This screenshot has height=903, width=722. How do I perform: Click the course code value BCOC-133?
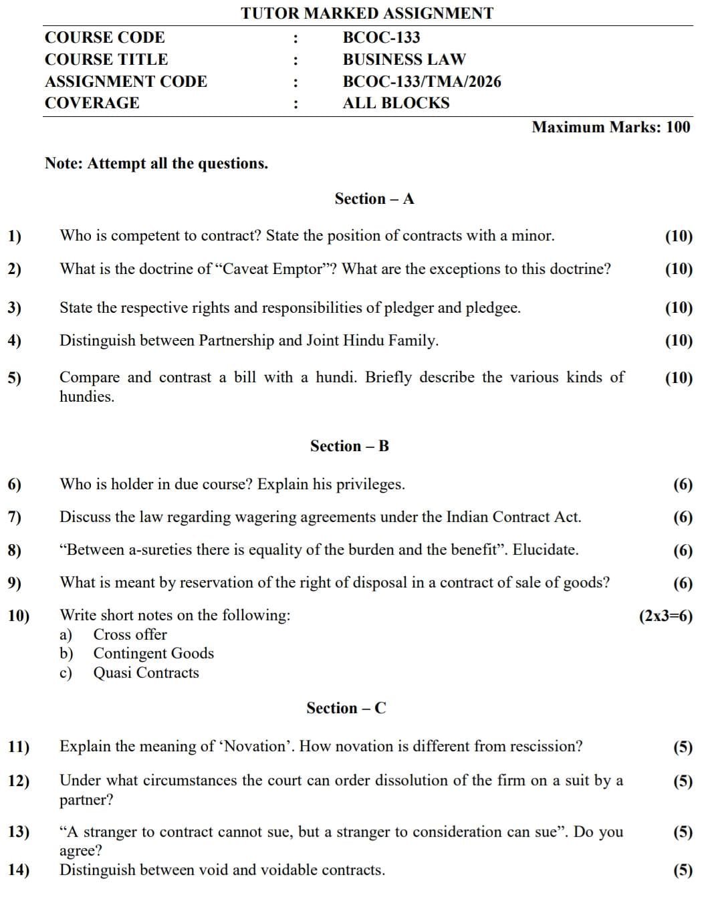click(381, 37)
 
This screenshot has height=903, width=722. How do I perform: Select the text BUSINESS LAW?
click(404, 59)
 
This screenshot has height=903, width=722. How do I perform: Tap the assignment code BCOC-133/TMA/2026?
click(421, 82)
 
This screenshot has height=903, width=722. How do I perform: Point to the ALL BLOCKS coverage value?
click(396, 103)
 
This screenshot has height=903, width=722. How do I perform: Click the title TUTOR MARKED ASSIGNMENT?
click(367, 13)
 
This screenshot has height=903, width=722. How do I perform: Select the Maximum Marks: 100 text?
click(610, 127)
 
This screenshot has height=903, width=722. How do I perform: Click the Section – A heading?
click(374, 199)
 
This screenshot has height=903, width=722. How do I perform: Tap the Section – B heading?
click(349, 446)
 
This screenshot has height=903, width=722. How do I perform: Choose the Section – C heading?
click(346, 708)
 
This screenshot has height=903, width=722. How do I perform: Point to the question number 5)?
click(15, 378)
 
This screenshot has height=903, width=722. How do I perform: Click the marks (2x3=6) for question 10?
click(666, 616)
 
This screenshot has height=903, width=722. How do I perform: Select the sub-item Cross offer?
click(130, 634)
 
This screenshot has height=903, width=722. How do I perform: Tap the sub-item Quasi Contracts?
click(146, 672)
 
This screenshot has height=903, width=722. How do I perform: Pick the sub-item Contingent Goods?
click(153, 653)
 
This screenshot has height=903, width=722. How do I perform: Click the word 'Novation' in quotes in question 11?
click(257, 746)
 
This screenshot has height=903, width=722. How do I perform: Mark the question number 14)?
click(18, 870)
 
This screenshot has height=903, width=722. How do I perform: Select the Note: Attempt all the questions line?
click(156, 163)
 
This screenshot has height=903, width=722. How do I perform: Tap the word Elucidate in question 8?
click(545, 549)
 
